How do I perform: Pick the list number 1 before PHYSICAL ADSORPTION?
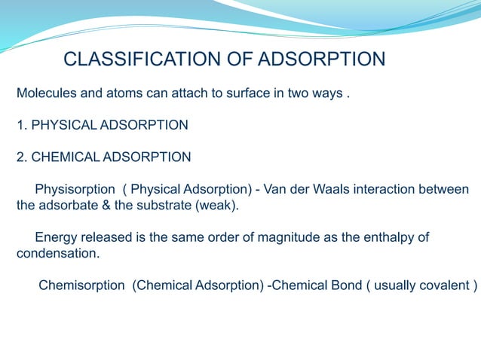tap(20, 124)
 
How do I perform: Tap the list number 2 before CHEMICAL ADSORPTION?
tap(20, 157)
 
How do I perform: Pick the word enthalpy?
tap(385, 237)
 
